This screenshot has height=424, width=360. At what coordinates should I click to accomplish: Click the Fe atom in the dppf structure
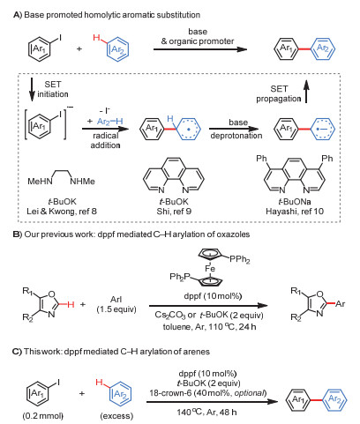click(x=210, y=268)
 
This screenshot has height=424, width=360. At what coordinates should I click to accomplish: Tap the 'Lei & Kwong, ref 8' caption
click(x=62, y=212)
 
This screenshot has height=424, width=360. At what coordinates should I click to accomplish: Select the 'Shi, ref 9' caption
click(x=174, y=212)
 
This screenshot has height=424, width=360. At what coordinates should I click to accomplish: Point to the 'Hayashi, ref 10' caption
click(x=295, y=212)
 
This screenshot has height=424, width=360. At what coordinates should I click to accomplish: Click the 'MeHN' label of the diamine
click(x=40, y=182)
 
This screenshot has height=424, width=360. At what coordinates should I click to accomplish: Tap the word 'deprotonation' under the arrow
click(x=236, y=136)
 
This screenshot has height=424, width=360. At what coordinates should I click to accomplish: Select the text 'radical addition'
click(x=105, y=140)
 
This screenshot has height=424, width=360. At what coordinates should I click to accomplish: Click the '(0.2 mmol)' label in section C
click(x=43, y=416)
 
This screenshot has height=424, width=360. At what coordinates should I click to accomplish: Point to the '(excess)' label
click(x=116, y=416)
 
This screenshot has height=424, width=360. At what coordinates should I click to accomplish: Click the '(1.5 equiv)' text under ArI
click(x=116, y=309)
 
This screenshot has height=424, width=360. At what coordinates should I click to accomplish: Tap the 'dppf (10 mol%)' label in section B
click(x=213, y=296)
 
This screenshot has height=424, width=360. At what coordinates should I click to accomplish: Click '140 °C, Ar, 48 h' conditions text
click(x=206, y=412)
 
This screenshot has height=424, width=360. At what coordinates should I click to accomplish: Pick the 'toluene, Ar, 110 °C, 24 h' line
click(x=209, y=326)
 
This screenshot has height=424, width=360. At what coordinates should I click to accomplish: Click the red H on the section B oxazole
click(x=71, y=304)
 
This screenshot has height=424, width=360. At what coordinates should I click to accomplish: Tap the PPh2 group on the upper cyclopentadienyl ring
click(x=240, y=259)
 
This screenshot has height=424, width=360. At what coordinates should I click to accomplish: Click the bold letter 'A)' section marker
click(x=18, y=15)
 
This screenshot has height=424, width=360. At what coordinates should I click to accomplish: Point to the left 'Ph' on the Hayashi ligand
click(x=261, y=159)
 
